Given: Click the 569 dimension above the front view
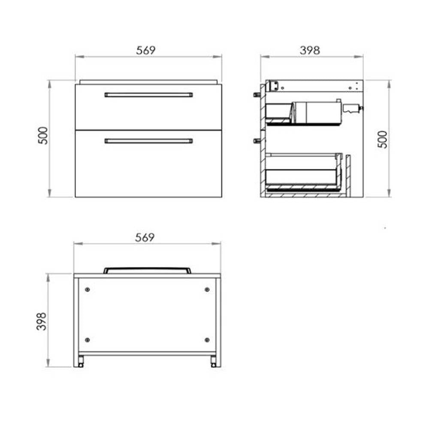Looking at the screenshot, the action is (146, 50).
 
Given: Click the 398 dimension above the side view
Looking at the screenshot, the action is (310, 50).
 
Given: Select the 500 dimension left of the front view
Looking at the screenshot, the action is (43, 136).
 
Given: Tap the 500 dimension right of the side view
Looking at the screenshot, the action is (383, 139).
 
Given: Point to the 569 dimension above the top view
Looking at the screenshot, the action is (145, 238).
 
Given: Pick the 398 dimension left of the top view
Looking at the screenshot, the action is (42, 321).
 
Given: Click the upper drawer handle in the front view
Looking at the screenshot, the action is (148, 95).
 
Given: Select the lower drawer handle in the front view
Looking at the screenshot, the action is (148, 141).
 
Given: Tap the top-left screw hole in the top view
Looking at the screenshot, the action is (87, 290).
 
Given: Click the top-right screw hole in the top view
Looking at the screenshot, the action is (207, 290).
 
